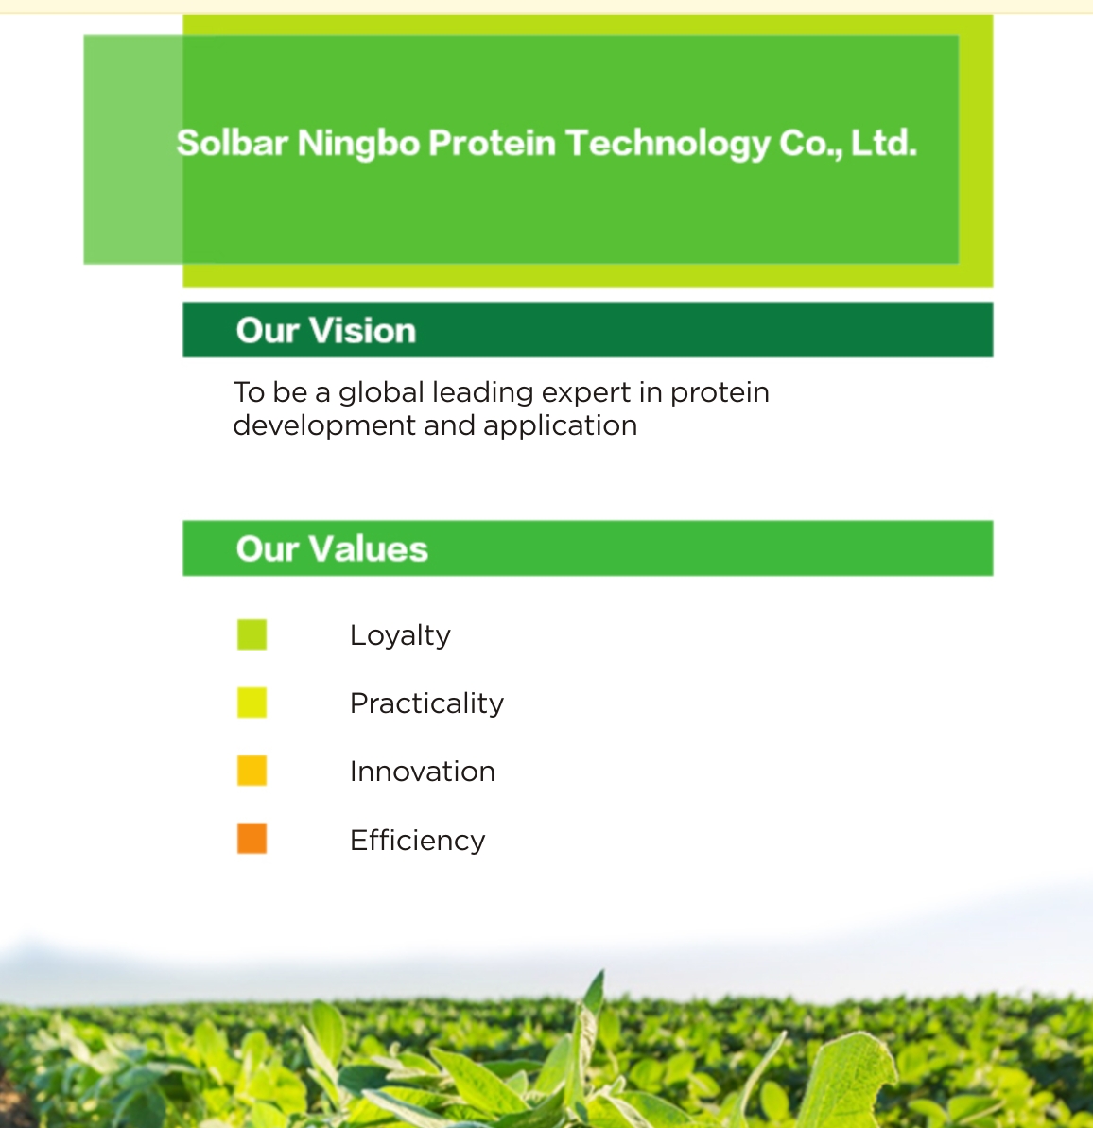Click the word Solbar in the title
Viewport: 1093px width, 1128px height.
coord(232,143)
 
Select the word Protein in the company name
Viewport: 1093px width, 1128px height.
coord(493,143)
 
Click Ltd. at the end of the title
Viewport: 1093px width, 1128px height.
coord(884,143)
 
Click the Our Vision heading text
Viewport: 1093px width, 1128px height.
coord(326,330)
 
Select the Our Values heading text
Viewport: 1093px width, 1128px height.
coord(332,548)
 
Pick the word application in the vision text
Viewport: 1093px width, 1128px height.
coord(560,425)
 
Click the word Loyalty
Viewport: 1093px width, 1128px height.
coord(400,636)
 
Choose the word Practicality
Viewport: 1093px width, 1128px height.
coord(426,703)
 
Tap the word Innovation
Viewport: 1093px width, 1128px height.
coord(423,772)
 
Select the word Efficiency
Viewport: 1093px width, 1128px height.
coord(417,841)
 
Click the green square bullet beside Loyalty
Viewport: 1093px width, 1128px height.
coord(252,634)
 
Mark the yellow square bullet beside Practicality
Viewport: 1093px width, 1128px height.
coord(252,703)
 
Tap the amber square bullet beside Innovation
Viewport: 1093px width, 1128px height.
coord(252,770)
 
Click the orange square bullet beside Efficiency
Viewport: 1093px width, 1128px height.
coord(252,838)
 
